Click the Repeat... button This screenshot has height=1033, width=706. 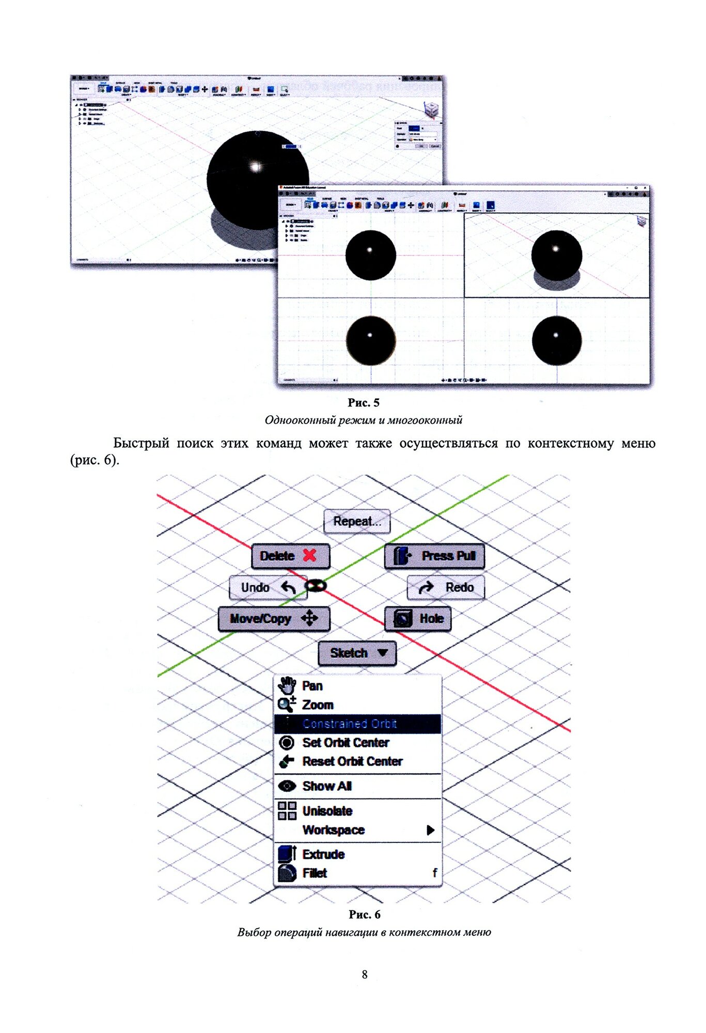pyautogui.click(x=357, y=522)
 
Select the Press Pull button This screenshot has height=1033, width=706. pyautogui.click(x=434, y=556)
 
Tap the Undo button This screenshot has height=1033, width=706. pyautogui.click(x=268, y=587)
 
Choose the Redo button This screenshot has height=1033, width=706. pyautogui.click(x=446, y=587)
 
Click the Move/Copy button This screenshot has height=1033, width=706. pyautogui.click(x=274, y=619)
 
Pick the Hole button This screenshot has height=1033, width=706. pyautogui.click(x=418, y=619)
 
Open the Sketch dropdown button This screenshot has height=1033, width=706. pyautogui.click(x=357, y=653)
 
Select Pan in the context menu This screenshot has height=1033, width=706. pyautogui.click(x=312, y=686)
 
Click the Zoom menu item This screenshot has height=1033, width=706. pyautogui.click(x=317, y=705)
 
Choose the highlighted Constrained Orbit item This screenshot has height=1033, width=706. pyautogui.click(x=350, y=724)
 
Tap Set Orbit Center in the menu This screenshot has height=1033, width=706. pyautogui.click(x=346, y=743)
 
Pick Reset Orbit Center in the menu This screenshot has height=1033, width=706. pyautogui.click(x=352, y=761)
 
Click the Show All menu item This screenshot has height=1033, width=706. pyautogui.click(x=327, y=786)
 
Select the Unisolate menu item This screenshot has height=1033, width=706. pyautogui.click(x=327, y=811)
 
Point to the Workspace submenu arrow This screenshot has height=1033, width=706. pyautogui.click(x=430, y=830)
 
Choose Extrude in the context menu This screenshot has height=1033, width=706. pyautogui.click(x=323, y=854)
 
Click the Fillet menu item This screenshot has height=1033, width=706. pyautogui.click(x=315, y=873)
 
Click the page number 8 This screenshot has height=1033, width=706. pyautogui.click(x=365, y=975)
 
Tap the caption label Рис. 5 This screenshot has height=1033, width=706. pyautogui.click(x=364, y=403)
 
